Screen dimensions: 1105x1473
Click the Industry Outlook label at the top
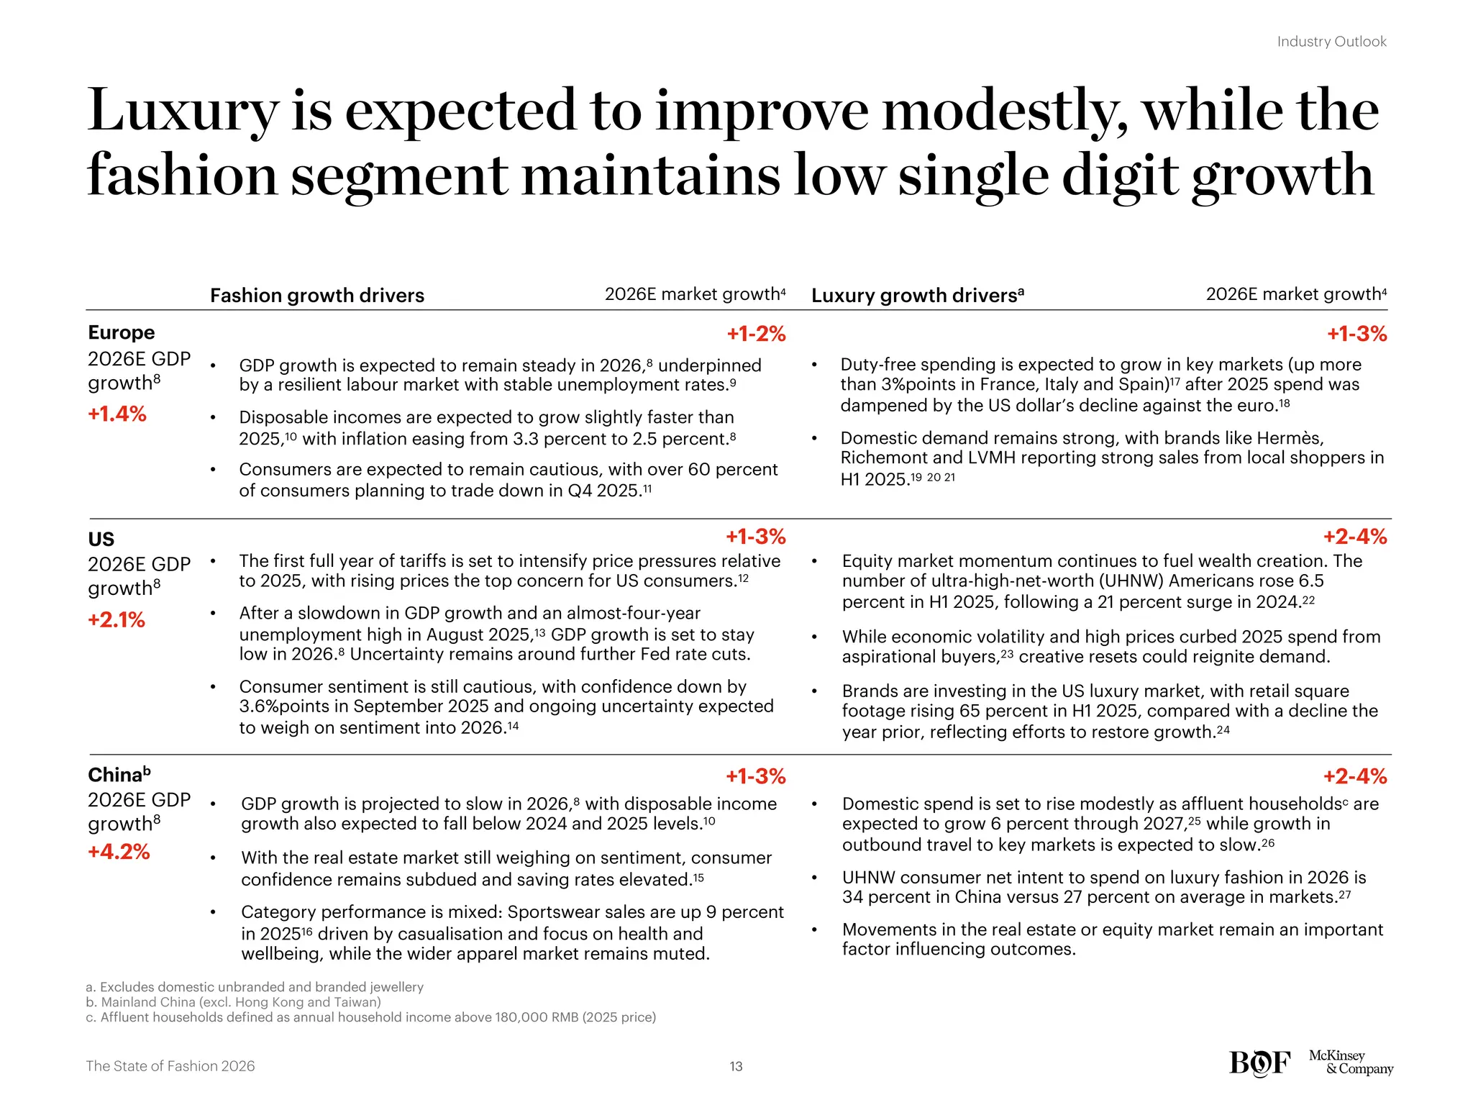pos(1331,42)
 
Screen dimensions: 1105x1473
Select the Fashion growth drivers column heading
pos(317,296)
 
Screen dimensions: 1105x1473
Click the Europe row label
pos(121,332)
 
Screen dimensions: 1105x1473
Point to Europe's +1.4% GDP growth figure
pos(117,414)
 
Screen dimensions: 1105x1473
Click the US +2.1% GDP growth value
pos(117,620)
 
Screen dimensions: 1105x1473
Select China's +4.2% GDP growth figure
pos(119,852)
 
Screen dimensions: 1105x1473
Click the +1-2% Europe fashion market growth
pos(756,334)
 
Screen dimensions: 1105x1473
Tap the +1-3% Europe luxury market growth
pos(1356,334)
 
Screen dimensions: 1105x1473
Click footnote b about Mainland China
pos(233,1002)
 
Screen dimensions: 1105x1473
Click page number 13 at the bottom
pos(736,1066)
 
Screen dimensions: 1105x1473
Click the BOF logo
pos(1259,1063)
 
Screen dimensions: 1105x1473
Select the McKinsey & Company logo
pos(1350,1063)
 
